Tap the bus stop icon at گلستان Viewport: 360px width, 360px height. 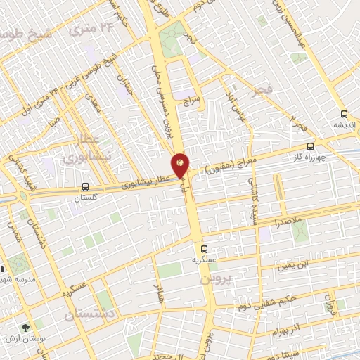[x=85, y=187]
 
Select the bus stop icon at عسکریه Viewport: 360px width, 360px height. [x=205, y=249]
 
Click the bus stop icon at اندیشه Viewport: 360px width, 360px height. [x=344, y=114]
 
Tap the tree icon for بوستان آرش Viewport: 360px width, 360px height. [x=26, y=327]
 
